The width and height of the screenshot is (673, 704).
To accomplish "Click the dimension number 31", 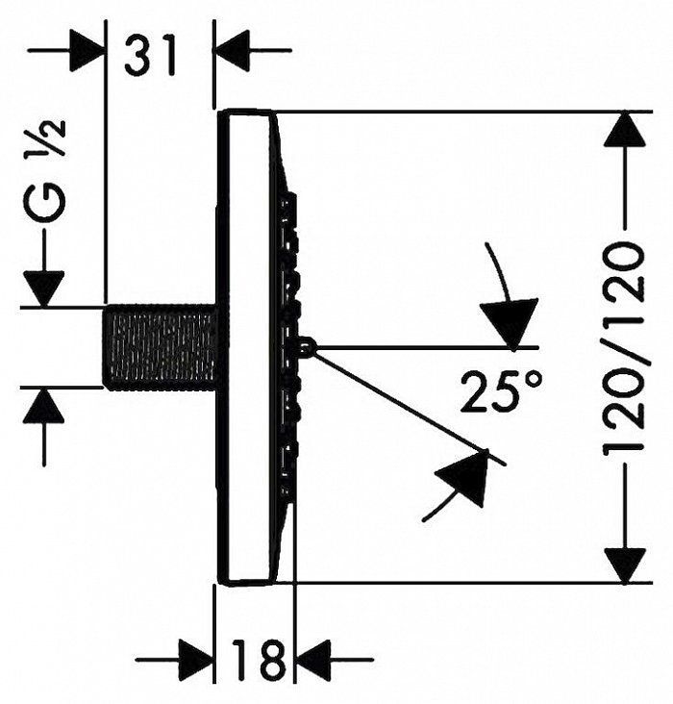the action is click(x=151, y=55).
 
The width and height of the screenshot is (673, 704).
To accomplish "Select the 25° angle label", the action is click(x=501, y=391).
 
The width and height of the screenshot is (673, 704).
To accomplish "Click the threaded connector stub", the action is click(x=160, y=345).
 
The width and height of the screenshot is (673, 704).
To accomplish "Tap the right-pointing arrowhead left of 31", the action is click(x=87, y=50).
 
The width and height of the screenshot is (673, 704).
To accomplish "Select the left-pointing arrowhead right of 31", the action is click(x=232, y=50).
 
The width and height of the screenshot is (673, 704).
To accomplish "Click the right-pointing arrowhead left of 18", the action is click(x=195, y=660).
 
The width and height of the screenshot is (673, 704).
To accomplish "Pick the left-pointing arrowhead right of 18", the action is click(x=312, y=660).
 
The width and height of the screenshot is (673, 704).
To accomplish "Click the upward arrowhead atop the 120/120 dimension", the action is click(x=625, y=129).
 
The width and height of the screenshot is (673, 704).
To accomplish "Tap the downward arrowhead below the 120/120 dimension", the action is click(x=625, y=566).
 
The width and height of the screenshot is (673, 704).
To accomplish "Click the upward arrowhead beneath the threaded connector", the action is click(x=43, y=405).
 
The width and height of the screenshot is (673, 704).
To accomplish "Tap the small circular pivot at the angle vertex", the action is click(x=307, y=346).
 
